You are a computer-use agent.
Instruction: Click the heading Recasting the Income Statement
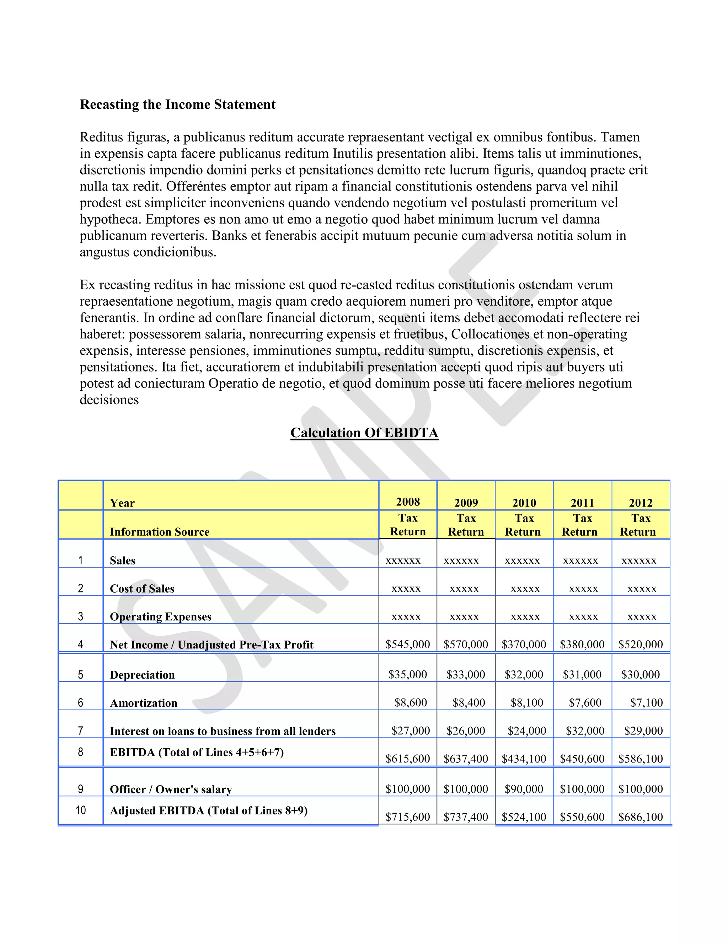[x=177, y=105]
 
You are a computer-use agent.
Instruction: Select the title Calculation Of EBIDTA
[x=364, y=433]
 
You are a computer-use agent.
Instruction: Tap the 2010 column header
[x=524, y=503]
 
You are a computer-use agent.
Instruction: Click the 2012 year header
[x=641, y=503]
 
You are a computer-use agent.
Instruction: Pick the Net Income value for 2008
[x=408, y=644]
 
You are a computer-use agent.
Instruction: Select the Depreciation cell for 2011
[x=582, y=675]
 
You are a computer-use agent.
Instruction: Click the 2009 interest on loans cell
[x=466, y=730]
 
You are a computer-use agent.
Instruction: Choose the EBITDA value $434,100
[x=524, y=759]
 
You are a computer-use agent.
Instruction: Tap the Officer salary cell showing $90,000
[x=524, y=789]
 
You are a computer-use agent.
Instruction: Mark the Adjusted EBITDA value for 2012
[x=641, y=817]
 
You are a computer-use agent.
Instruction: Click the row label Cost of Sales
[x=142, y=589]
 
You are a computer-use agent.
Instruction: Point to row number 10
[x=81, y=810]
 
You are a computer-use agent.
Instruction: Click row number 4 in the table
[x=80, y=644]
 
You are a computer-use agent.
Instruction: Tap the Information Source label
[x=160, y=532]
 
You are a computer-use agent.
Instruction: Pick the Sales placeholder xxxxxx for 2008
[x=403, y=561]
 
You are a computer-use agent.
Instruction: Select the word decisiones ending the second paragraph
[x=109, y=400]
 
